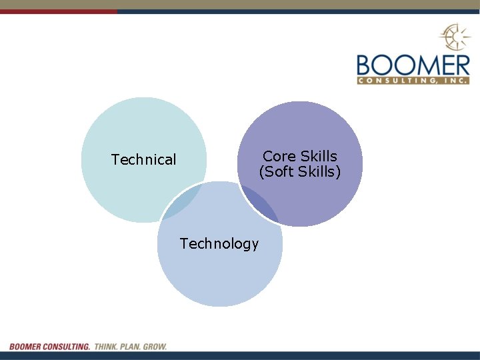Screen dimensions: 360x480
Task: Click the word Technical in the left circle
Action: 143,160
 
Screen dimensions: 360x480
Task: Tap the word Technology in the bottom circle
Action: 219,244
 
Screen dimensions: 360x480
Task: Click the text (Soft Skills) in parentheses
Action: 300,172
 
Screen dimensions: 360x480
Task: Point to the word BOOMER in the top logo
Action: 413,65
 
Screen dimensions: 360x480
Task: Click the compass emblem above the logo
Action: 454,37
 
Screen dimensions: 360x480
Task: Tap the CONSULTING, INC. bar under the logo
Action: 413,81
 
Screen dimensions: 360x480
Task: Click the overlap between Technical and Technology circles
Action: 181,203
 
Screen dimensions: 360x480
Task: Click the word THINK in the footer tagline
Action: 105,347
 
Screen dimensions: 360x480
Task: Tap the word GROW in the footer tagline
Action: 155,347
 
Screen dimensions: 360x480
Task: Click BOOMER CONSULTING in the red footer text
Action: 49,347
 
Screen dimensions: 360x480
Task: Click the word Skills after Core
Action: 319,156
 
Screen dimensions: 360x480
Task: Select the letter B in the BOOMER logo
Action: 365,65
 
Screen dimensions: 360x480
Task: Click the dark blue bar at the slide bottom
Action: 240,355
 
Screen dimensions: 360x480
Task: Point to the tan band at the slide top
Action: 240,4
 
